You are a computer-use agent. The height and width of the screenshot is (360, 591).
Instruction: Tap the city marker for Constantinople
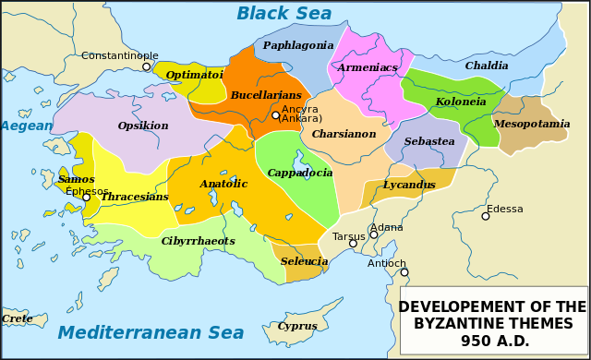pyautogui.click(x=146, y=66)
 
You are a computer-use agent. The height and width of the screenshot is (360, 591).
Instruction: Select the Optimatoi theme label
pyautogui.click(x=194, y=75)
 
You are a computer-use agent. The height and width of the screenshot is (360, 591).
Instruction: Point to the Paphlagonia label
pyautogui.click(x=298, y=45)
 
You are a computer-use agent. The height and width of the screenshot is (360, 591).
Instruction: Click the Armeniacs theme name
pyautogui.click(x=368, y=67)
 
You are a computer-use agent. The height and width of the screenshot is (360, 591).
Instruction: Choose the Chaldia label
pyautogui.click(x=487, y=66)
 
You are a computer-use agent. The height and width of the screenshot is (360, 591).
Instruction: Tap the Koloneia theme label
pyautogui.click(x=461, y=102)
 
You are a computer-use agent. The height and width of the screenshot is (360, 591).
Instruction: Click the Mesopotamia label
pyautogui.click(x=532, y=124)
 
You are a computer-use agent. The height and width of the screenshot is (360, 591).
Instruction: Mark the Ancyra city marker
pyautogui.click(x=275, y=115)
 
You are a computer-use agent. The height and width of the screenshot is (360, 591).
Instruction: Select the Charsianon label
pyautogui.click(x=344, y=134)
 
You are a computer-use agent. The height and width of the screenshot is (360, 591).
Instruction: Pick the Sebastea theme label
pyautogui.click(x=429, y=141)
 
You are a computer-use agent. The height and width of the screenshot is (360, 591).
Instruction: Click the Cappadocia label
pyautogui.click(x=300, y=173)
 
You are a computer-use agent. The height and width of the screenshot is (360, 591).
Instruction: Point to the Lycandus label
pyautogui.click(x=409, y=185)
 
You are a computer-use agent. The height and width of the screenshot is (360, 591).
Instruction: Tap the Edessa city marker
pyautogui.click(x=486, y=216)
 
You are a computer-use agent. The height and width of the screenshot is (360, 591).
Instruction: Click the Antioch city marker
pyautogui.click(x=404, y=272)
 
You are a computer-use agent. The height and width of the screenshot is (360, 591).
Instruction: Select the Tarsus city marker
pyautogui.click(x=353, y=244)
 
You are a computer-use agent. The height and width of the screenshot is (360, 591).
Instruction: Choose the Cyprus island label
pyautogui.click(x=297, y=326)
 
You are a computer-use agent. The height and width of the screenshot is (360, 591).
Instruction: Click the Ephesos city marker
pyautogui.click(x=86, y=198)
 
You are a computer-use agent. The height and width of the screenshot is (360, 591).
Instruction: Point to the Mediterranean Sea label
pyautogui.click(x=151, y=333)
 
